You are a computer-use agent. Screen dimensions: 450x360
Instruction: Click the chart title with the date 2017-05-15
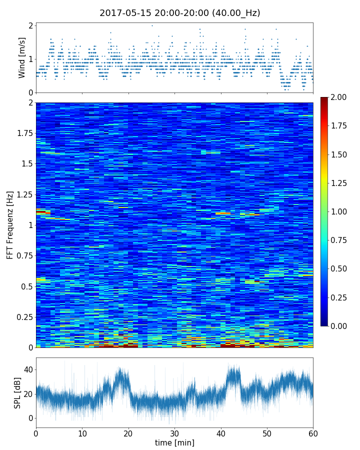pos(180,13)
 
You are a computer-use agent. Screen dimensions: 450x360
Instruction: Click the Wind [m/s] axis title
pos(22,57)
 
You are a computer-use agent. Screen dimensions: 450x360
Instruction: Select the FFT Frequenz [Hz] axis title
pos(10,224)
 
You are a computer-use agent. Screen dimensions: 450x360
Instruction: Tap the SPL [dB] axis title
pos(18,392)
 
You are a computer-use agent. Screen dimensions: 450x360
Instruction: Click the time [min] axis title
pos(174,442)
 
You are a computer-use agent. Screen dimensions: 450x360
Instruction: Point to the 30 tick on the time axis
pos(174,432)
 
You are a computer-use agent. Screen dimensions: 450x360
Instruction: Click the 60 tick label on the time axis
pos(313,432)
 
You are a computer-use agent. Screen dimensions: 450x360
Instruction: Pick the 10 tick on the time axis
pos(82,432)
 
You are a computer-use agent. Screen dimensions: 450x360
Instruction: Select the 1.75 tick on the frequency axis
pos(23,133)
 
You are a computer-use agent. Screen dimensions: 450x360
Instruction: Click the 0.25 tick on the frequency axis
pos(23,317)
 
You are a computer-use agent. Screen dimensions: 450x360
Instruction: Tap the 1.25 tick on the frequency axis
pos(23,194)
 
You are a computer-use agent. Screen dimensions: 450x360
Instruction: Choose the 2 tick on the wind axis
pos(30,25)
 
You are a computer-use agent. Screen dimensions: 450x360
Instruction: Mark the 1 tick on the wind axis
pos(30,59)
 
